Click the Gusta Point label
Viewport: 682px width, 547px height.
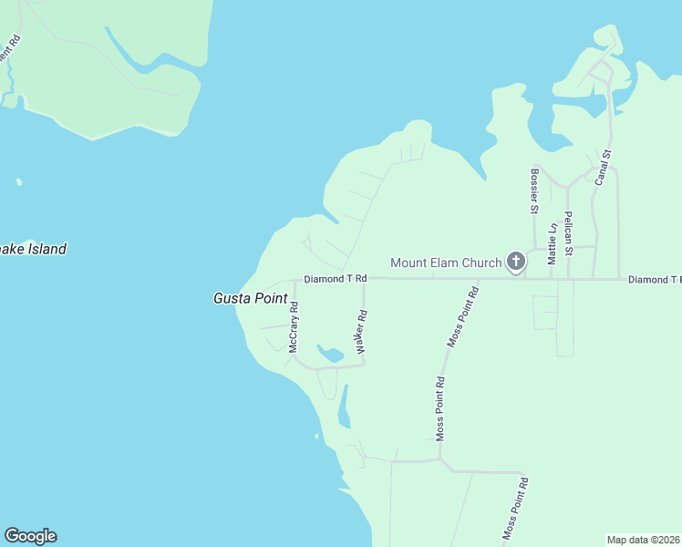[250, 298]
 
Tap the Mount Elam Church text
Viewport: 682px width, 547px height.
[446, 263]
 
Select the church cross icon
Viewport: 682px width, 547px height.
[515, 263]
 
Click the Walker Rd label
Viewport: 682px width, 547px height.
[362, 332]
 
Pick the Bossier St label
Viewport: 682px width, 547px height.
[535, 190]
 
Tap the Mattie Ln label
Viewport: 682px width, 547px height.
[552, 243]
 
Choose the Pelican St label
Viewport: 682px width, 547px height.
[568, 232]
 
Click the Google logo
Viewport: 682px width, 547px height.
[30, 536]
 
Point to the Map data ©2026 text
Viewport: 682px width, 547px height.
[644, 540]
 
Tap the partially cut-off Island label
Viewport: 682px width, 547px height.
[33, 249]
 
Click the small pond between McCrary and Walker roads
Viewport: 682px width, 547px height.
[328, 353]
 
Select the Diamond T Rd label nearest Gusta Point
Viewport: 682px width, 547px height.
[335, 278]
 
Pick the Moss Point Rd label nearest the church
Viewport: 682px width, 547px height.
[463, 316]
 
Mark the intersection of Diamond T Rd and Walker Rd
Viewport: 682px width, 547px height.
[364, 279]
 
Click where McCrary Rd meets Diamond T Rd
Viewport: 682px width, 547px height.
[294, 280]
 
